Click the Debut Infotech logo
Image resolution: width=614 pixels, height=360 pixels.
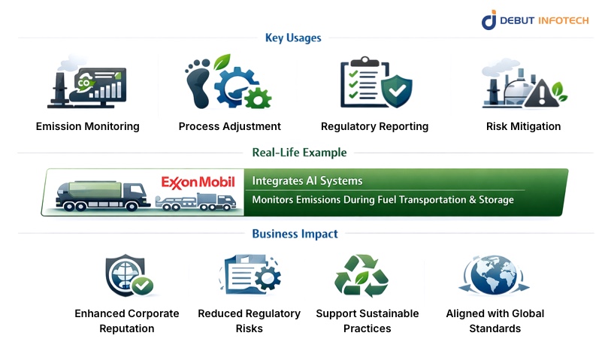[x=534, y=20]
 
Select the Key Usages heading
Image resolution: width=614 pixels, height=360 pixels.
[x=293, y=38]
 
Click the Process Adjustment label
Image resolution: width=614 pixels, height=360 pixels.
[x=229, y=126]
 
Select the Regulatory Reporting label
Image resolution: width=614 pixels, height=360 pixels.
[x=374, y=126]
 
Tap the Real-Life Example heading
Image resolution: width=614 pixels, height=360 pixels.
[x=299, y=153]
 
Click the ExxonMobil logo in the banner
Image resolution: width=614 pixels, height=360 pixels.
[x=198, y=182]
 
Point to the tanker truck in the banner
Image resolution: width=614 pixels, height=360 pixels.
[x=105, y=194]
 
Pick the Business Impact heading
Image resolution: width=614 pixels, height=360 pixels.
[x=295, y=234]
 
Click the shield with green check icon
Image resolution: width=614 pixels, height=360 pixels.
[x=129, y=276]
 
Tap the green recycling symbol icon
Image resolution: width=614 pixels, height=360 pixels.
[x=361, y=276]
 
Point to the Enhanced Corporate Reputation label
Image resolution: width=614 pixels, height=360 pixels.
[x=126, y=321]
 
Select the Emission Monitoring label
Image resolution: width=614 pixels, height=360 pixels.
[x=87, y=126]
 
